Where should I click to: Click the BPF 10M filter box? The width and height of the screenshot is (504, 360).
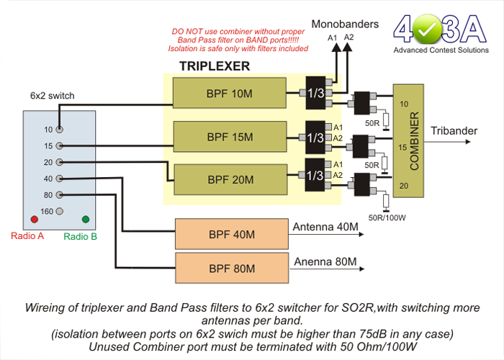(x=230, y=93)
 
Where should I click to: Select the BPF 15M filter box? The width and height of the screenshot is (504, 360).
(x=230, y=137)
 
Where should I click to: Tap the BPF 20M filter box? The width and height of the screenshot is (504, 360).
(x=230, y=179)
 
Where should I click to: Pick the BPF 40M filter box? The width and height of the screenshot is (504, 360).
(x=232, y=234)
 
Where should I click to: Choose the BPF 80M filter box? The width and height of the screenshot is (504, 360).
(x=232, y=268)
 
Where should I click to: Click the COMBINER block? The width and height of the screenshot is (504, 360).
(x=408, y=141)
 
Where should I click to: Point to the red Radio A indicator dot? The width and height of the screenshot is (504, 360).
(x=34, y=219)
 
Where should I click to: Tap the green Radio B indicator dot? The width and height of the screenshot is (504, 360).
(x=86, y=219)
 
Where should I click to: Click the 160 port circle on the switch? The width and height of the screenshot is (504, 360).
(x=60, y=211)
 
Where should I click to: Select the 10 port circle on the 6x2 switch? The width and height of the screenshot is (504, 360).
(x=60, y=130)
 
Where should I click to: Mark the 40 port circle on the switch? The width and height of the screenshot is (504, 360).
(x=60, y=179)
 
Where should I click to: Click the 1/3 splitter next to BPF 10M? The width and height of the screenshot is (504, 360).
(x=315, y=93)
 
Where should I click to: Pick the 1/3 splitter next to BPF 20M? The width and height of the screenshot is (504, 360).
(x=315, y=175)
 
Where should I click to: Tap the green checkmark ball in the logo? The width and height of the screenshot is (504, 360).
(x=427, y=29)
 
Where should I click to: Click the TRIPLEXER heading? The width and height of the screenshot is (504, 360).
(x=215, y=66)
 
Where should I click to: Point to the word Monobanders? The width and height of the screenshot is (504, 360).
(x=345, y=24)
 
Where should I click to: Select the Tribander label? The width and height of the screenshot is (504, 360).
(x=454, y=131)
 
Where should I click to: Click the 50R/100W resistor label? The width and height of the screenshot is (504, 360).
(x=387, y=217)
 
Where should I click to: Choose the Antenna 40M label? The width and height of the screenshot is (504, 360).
(x=325, y=227)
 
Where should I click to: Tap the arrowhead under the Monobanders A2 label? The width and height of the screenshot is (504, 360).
(x=348, y=47)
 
